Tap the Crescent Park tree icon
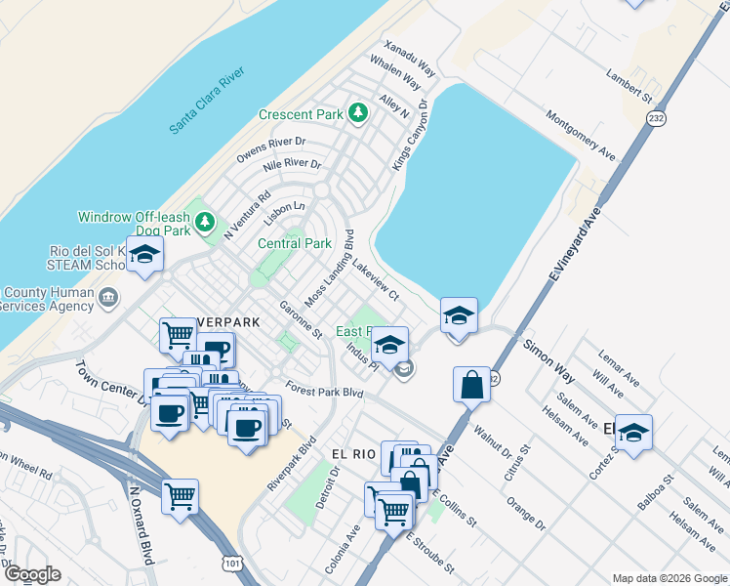358,113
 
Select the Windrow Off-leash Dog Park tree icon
205,223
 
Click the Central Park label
295,243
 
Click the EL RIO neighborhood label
353,454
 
